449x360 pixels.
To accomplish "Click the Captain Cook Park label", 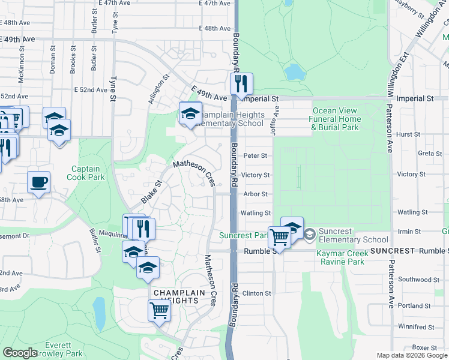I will [x=88, y=173].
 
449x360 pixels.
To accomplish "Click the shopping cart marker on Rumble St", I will [x=280, y=237].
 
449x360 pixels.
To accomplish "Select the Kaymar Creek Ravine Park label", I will [x=348, y=258].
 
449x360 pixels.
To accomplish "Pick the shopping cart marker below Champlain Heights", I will [x=159, y=311].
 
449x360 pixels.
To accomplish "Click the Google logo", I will [x=20, y=353].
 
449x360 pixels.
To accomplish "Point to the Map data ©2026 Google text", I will [x=412, y=355].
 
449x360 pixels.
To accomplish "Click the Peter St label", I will [x=255, y=156].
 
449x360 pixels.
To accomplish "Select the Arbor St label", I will [x=255, y=194].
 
